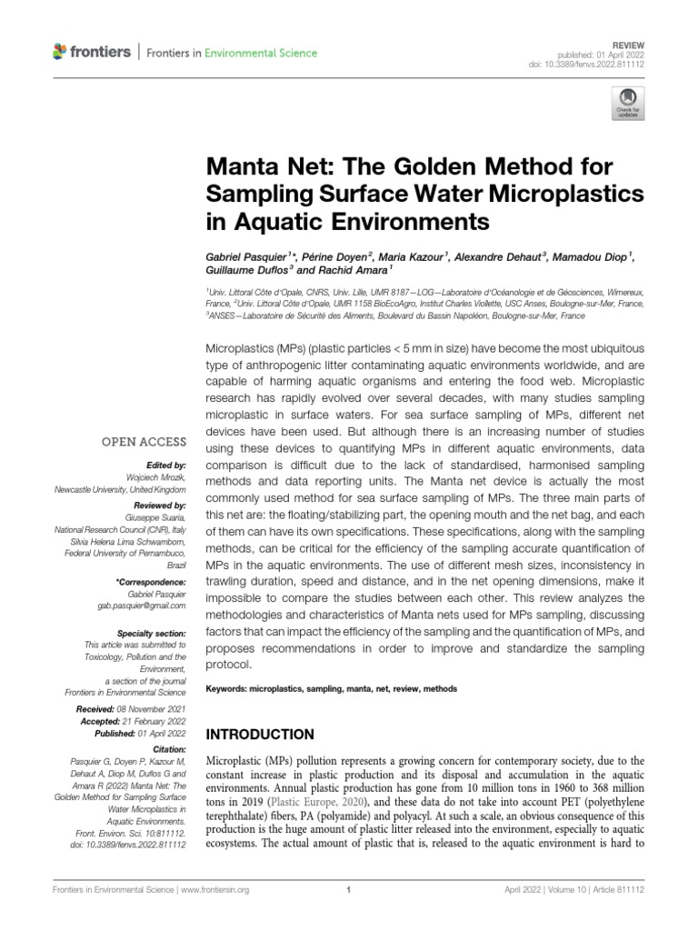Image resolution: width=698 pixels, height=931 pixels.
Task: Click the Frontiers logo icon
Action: pyautogui.click(x=61, y=53)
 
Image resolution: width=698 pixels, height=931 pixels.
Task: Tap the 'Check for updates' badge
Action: pyautogui.click(x=626, y=104)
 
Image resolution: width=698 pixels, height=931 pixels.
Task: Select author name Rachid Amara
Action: pyautogui.click(x=355, y=270)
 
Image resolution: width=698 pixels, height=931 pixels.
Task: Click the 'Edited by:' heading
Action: pyautogui.click(x=165, y=464)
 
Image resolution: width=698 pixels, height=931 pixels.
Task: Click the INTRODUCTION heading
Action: pyautogui.click(x=261, y=734)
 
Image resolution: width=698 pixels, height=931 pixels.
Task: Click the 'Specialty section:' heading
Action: pyautogui.click(x=151, y=633)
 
